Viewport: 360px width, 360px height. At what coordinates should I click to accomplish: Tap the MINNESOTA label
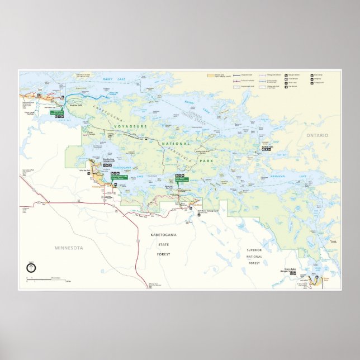click(69, 247)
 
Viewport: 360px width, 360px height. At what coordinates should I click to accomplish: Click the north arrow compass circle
click(31, 267)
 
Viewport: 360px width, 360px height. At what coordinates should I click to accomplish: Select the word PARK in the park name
click(220, 160)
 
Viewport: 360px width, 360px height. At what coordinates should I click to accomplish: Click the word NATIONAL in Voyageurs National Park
click(174, 145)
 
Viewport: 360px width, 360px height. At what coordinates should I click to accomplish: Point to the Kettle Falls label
click(267, 148)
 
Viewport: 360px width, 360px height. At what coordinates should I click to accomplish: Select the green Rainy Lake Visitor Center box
click(60, 112)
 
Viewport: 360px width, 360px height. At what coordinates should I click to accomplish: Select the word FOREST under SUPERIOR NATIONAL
click(254, 263)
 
